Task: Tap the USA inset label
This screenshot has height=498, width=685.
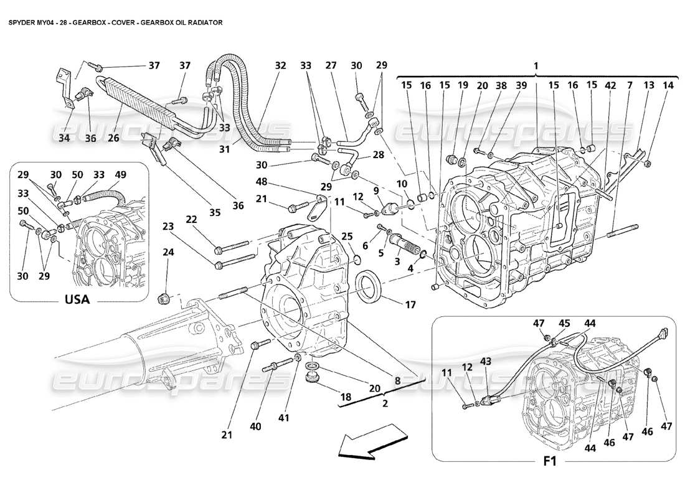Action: pyautogui.click(x=77, y=299)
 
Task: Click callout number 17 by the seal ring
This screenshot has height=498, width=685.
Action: pyautogui.click(x=410, y=305)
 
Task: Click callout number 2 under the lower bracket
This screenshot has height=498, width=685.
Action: pyautogui.click(x=385, y=403)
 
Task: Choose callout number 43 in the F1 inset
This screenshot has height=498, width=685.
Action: pyautogui.click(x=486, y=361)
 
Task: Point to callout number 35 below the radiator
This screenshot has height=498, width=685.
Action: pyautogui.click(x=215, y=212)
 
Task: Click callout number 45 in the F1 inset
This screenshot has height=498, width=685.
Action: pyautogui.click(x=564, y=322)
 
